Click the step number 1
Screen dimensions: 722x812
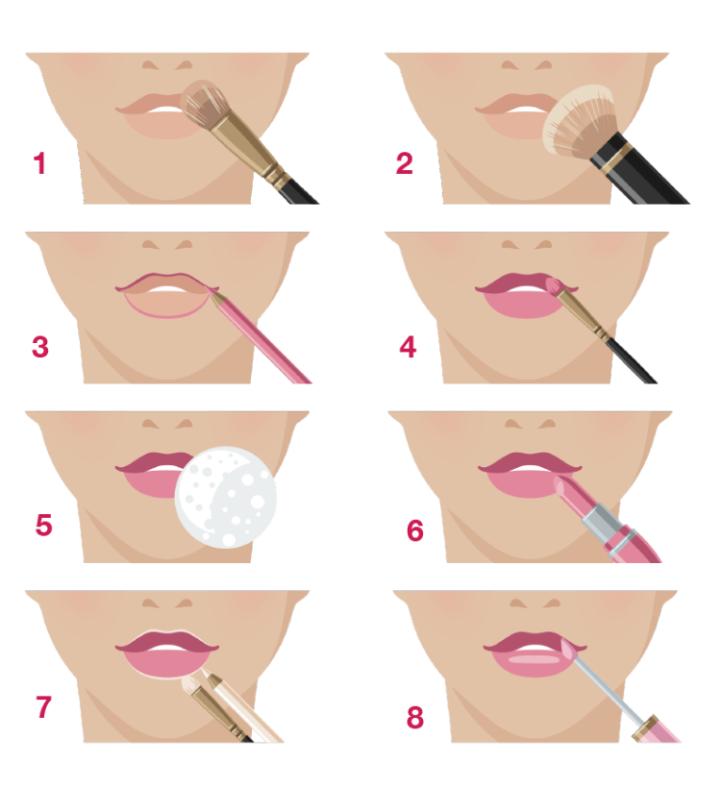tap(39, 164)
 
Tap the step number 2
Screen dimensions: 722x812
tap(404, 164)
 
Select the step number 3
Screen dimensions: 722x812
tap(39, 347)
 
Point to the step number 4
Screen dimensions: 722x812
tap(408, 347)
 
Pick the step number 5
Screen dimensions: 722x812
tap(43, 525)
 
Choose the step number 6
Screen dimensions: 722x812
tap(415, 530)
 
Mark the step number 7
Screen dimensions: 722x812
tap(43, 707)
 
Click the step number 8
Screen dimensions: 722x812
tap(415, 718)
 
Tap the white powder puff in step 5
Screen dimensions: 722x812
tap(226, 497)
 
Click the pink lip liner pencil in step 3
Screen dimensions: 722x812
tap(259, 336)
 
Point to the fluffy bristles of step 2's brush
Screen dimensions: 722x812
tap(577, 121)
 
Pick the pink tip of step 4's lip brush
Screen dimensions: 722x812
tap(553, 285)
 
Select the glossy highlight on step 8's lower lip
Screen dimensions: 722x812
tap(533, 659)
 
